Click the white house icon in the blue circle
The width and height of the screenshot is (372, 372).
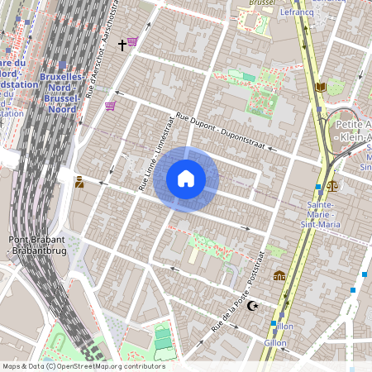pos(186,179)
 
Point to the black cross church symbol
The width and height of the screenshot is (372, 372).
pos(122,44)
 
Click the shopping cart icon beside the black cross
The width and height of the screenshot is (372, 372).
pos(132,41)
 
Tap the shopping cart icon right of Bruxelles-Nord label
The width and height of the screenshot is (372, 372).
pos(110,106)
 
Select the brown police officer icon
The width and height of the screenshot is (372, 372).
pos(79,182)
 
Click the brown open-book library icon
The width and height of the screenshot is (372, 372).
pos(322,86)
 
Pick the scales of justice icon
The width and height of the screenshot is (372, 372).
pos(332,186)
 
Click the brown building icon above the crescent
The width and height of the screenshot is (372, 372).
pos(279,275)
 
